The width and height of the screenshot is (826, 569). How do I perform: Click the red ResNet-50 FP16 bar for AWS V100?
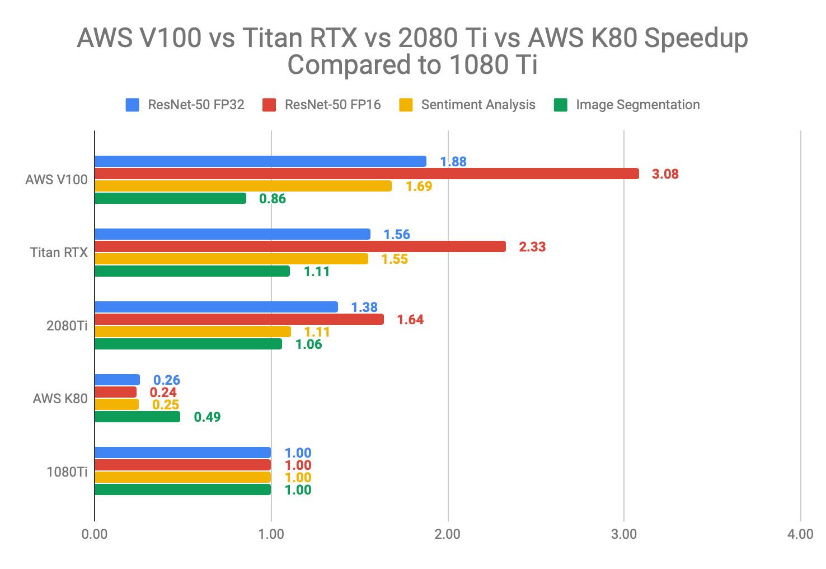[x=367, y=174]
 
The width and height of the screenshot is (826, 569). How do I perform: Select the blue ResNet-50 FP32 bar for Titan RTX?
[x=232, y=234]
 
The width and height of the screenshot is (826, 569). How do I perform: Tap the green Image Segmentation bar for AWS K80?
[x=137, y=417]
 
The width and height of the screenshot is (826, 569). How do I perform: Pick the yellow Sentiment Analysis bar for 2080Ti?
[x=193, y=332]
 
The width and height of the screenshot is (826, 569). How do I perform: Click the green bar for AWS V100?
[x=170, y=198]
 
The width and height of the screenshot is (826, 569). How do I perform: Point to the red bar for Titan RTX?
[x=300, y=246]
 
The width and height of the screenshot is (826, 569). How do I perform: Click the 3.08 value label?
[x=665, y=174]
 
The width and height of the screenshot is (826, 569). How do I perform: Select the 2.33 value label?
[x=532, y=247]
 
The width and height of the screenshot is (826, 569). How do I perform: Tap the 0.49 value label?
[x=207, y=417]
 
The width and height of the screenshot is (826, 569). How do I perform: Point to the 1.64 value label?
[x=410, y=320]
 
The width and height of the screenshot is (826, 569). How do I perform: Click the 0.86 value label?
[x=272, y=199]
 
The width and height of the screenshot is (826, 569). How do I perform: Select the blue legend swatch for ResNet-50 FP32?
[x=133, y=105]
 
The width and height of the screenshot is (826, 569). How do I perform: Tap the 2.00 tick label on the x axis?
[x=448, y=534]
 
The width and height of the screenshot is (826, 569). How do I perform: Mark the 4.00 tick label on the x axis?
[x=800, y=534]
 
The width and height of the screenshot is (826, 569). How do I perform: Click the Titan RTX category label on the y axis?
[x=59, y=253]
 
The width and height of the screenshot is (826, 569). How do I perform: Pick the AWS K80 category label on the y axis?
[x=60, y=399]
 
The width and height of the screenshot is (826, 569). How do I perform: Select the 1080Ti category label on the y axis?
[x=67, y=472]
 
